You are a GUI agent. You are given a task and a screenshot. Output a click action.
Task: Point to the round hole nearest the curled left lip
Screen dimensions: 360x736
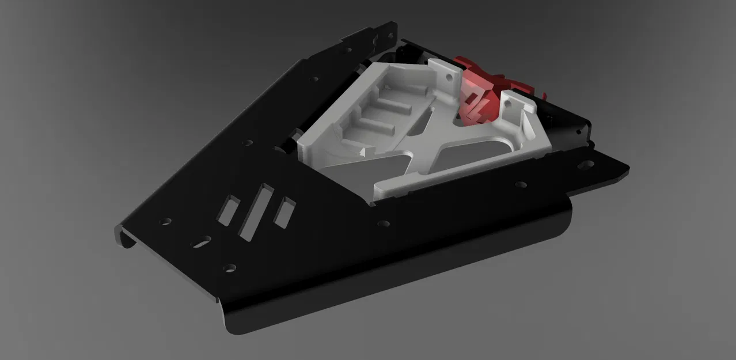pos(166,221)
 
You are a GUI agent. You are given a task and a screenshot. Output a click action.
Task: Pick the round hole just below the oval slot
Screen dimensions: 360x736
pos(230,267)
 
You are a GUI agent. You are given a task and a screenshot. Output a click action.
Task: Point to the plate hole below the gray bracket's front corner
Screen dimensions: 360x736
pos(381,222)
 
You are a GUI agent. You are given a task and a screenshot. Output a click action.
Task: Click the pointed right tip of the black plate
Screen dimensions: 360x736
pos(626,169)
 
